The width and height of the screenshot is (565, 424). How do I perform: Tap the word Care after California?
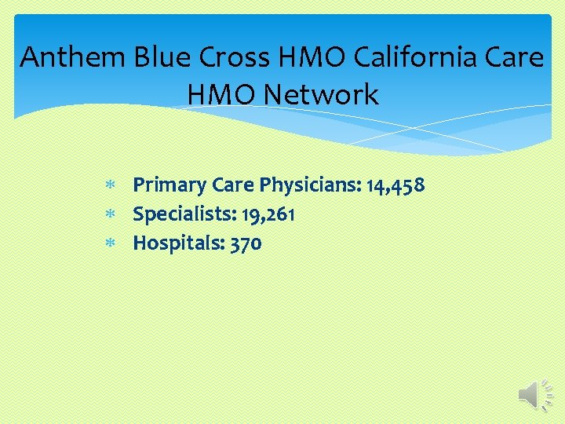click(x=512, y=57)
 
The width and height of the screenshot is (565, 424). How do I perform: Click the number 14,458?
click(x=396, y=185)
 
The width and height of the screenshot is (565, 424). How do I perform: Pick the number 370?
click(x=246, y=243)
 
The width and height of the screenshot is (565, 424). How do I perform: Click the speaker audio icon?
click(x=537, y=393)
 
